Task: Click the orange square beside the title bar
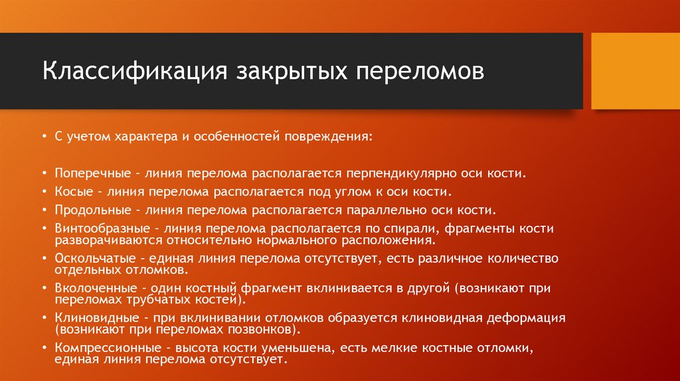tap(634, 71)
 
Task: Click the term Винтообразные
tap(98, 228)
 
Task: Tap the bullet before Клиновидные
tap(44, 319)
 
